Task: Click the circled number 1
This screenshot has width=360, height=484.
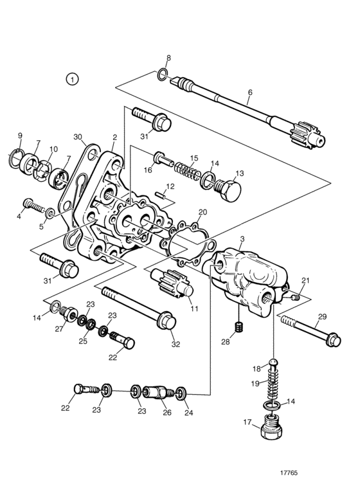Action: [x=72, y=79]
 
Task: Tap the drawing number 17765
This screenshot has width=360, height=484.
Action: [x=289, y=472]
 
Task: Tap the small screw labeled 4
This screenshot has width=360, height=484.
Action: [x=33, y=205]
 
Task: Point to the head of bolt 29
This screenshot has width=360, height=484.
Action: [x=332, y=339]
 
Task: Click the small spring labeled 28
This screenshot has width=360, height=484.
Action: [x=239, y=327]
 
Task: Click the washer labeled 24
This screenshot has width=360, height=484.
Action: [x=180, y=393]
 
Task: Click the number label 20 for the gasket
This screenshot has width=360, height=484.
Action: [x=203, y=212]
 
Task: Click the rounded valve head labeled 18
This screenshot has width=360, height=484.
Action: [x=274, y=362]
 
